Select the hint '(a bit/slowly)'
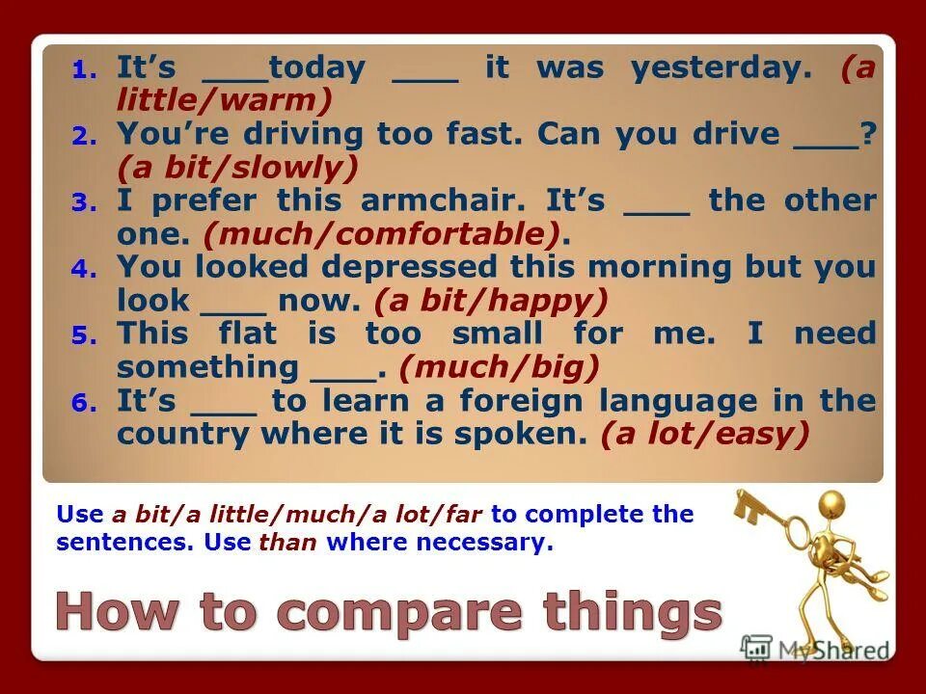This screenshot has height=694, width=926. [x=237, y=169]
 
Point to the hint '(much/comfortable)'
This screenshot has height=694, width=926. [x=382, y=234]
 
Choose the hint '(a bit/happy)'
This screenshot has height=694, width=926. [x=491, y=301]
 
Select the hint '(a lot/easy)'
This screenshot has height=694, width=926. [x=704, y=435]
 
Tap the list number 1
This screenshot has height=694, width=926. [x=83, y=70]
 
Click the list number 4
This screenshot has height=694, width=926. [x=83, y=270]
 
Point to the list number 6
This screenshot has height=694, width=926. [x=83, y=403]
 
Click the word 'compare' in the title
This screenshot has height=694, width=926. [x=393, y=613]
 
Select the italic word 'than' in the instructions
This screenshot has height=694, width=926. [x=287, y=543]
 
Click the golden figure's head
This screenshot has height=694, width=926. [x=831, y=503]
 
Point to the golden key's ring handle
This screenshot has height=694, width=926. [x=748, y=501]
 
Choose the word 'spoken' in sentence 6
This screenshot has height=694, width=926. [x=534, y=435]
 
